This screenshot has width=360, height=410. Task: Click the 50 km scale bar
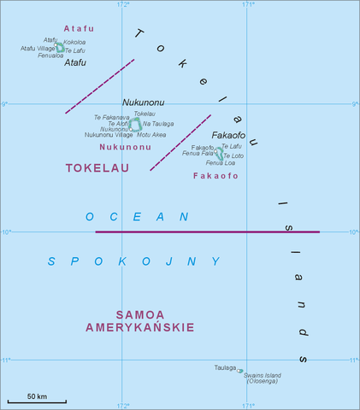pyautogui.click(x=37, y=401)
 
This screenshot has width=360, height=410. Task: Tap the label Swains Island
pyautogui.click(x=265, y=374)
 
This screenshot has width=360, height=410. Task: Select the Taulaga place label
pyautogui.click(x=226, y=367)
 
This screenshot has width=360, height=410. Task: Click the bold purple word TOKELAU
pyautogui.click(x=97, y=168)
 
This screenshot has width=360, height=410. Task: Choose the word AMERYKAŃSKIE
pyautogui.click(x=139, y=327)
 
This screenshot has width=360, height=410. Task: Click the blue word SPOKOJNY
pyautogui.click(x=133, y=261)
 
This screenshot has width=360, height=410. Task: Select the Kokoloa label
pyautogui.click(x=74, y=42)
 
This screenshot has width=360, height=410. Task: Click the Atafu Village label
pyautogui.click(x=38, y=49)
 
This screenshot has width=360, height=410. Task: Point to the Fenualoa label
pyautogui.click(x=50, y=56)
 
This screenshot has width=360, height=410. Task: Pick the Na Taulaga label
pyautogui.click(x=157, y=124)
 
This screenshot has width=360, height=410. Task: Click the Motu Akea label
pyautogui.click(x=151, y=135)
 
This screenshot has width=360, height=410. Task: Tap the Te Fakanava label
pyautogui.click(x=111, y=117)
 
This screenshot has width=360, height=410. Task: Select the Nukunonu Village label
pyautogui.click(x=109, y=135)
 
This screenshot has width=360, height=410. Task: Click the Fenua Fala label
pyautogui.click(x=198, y=154)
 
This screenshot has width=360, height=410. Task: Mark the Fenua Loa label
pyautogui.click(x=220, y=162)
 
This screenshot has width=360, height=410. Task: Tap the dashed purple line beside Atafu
pyautogui.click(x=99, y=86)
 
